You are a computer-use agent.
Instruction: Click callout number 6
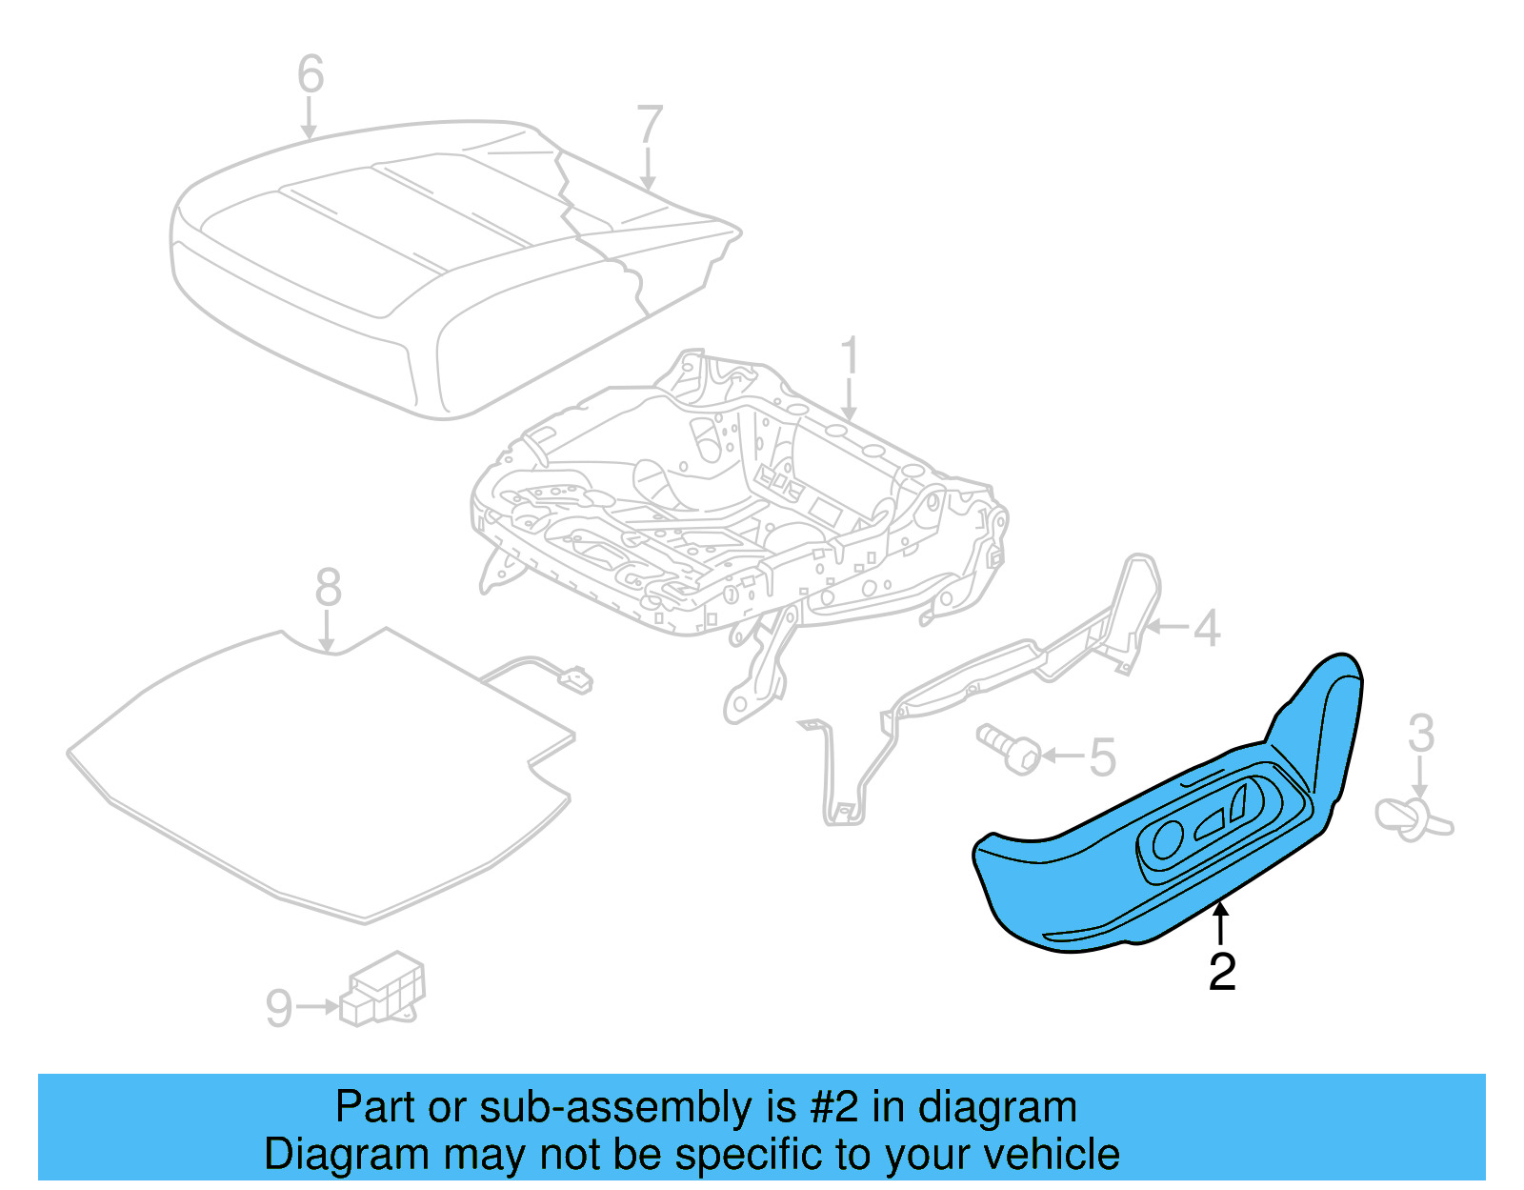[311, 73]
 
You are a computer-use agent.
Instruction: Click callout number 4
[1207, 629]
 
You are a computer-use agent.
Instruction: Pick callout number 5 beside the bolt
[1102, 757]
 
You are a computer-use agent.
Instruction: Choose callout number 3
[1420, 734]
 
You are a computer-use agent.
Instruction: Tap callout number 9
[278, 1008]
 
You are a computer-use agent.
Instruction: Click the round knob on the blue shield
[1168, 839]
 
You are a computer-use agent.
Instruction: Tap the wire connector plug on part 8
[576, 680]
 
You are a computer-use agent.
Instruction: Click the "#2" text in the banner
[834, 1108]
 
